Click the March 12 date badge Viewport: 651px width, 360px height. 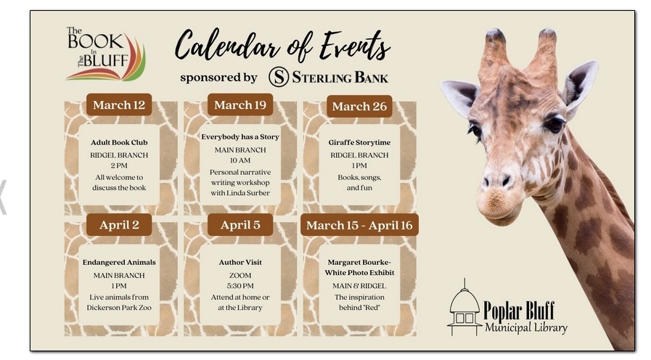click(x=119, y=105)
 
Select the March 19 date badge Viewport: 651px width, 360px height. click(x=240, y=105)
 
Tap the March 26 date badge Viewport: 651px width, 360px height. click(x=359, y=106)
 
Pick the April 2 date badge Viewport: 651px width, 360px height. click(x=119, y=224)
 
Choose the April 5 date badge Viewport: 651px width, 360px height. click(x=240, y=224)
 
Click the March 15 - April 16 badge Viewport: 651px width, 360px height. click(x=359, y=225)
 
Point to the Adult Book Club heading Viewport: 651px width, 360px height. click(x=119, y=142)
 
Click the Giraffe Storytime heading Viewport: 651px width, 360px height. click(x=359, y=142)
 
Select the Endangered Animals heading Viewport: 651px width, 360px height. click(x=119, y=263)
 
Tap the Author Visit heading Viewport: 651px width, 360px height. click(x=240, y=263)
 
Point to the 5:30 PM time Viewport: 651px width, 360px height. click(x=240, y=286)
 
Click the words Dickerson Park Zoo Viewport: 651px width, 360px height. click(x=119, y=308)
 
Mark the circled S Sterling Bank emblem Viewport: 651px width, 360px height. click(x=279, y=77)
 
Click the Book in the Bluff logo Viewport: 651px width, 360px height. click(x=105, y=54)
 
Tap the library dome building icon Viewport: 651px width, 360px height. click(x=464, y=307)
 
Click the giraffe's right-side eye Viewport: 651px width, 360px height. click(x=554, y=123)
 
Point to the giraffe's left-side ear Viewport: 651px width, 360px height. click(x=460, y=97)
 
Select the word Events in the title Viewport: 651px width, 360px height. click(x=356, y=46)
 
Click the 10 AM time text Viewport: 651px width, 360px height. click(x=240, y=160)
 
